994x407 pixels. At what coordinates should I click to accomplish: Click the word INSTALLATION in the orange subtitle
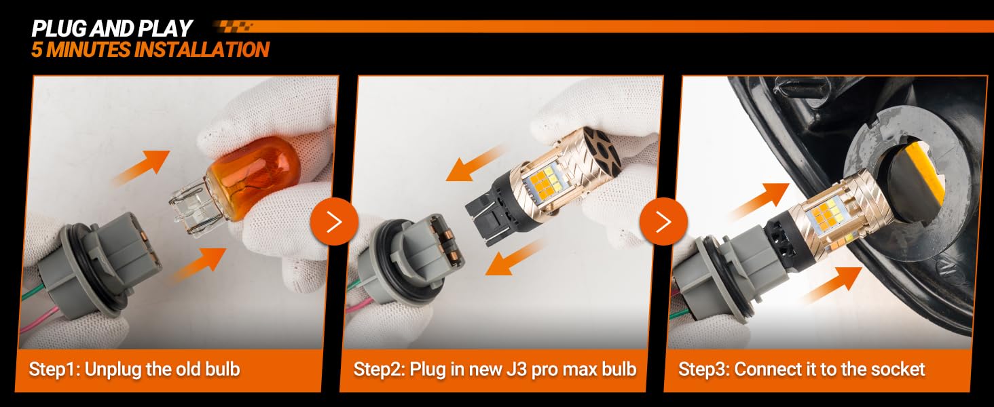(x=202, y=50)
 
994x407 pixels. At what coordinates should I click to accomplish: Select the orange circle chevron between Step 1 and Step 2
(x=334, y=221)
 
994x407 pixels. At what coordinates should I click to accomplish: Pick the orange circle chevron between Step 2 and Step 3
(x=663, y=221)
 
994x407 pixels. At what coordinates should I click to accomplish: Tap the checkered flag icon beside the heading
(x=232, y=26)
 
